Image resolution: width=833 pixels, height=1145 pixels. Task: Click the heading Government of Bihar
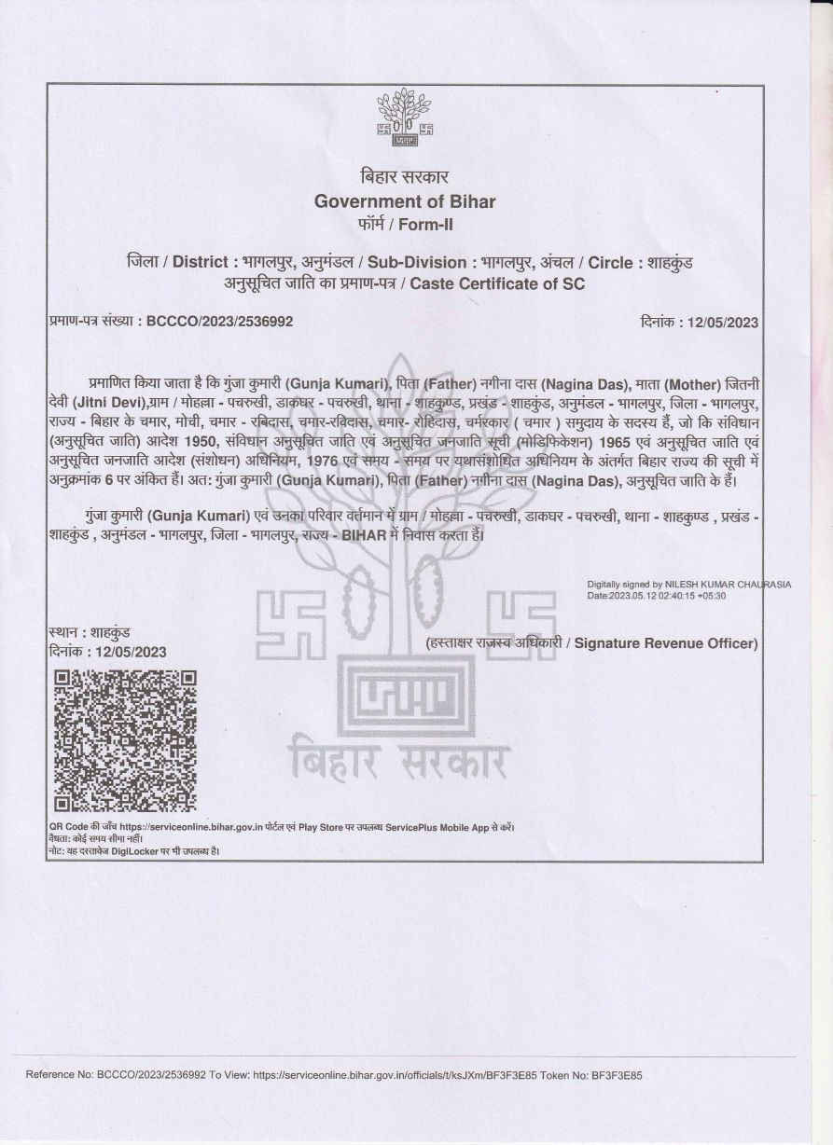coord(405,200)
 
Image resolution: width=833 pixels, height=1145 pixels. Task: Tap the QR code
coord(125,740)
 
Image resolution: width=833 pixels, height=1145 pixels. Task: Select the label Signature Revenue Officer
coord(666,643)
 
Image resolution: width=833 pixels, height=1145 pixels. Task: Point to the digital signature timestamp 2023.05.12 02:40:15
coord(660,595)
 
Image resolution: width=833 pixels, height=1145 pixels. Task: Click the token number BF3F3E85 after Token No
coord(617,1075)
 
